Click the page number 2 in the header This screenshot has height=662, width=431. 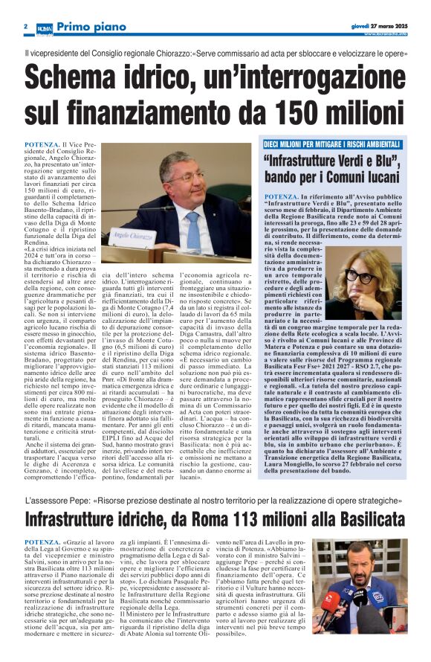(25, 27)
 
